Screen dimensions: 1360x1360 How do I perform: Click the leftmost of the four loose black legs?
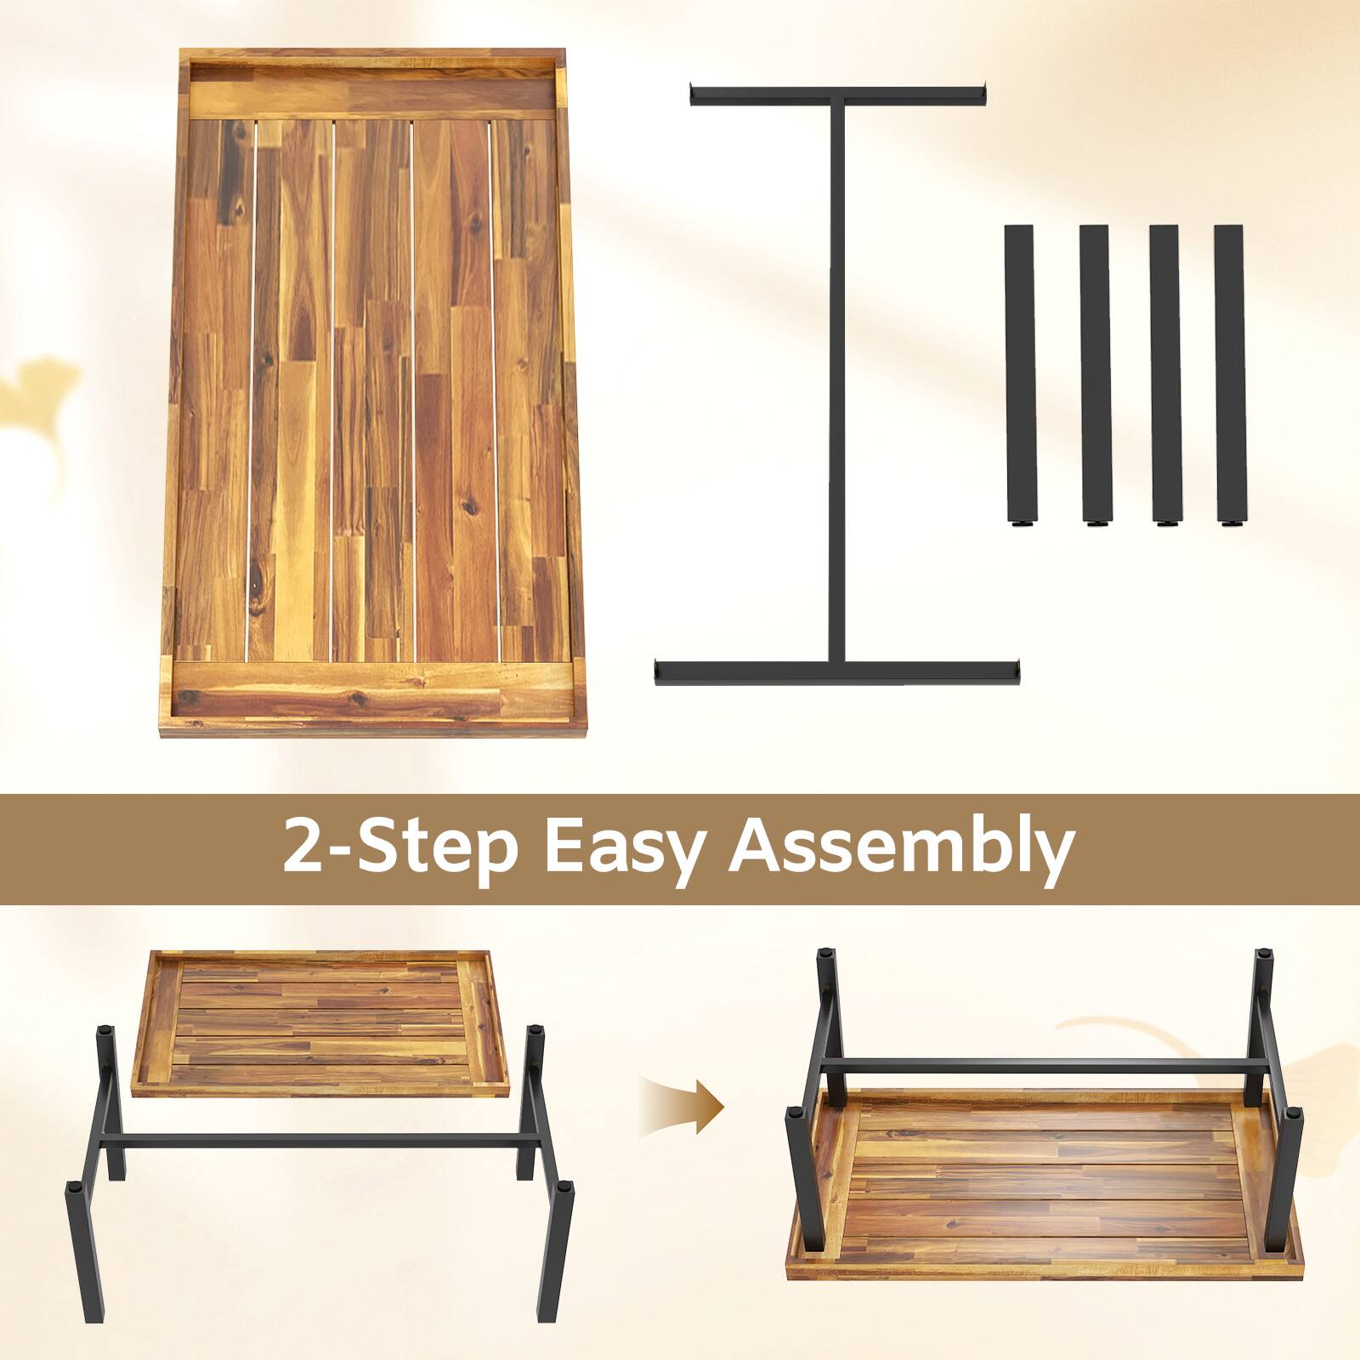(x=1018, y=374)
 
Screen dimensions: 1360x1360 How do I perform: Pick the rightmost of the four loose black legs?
(x=1229, y=374)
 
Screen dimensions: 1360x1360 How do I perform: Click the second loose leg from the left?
(x=1095, y=374)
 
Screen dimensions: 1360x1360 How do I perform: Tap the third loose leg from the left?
(x=1164, y=374)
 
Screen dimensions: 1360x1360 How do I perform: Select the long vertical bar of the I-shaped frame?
(x=837, y=382)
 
